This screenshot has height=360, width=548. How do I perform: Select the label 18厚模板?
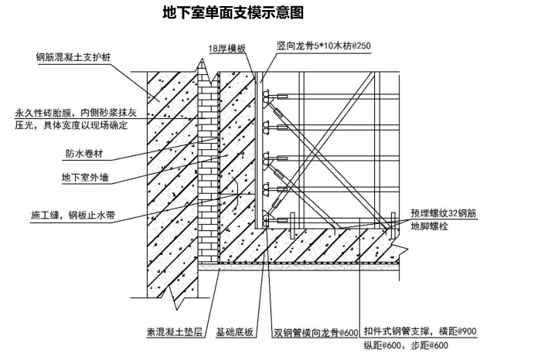pyautogui.click(x=226, y=48)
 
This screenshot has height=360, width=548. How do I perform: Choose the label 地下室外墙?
pyautogui.click(x=85, y=177)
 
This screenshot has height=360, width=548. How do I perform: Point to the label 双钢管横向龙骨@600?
pyautogui.click(x=315, y=333)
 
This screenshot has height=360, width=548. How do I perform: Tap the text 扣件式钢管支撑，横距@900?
pyautogui.click(x=421, y=331)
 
